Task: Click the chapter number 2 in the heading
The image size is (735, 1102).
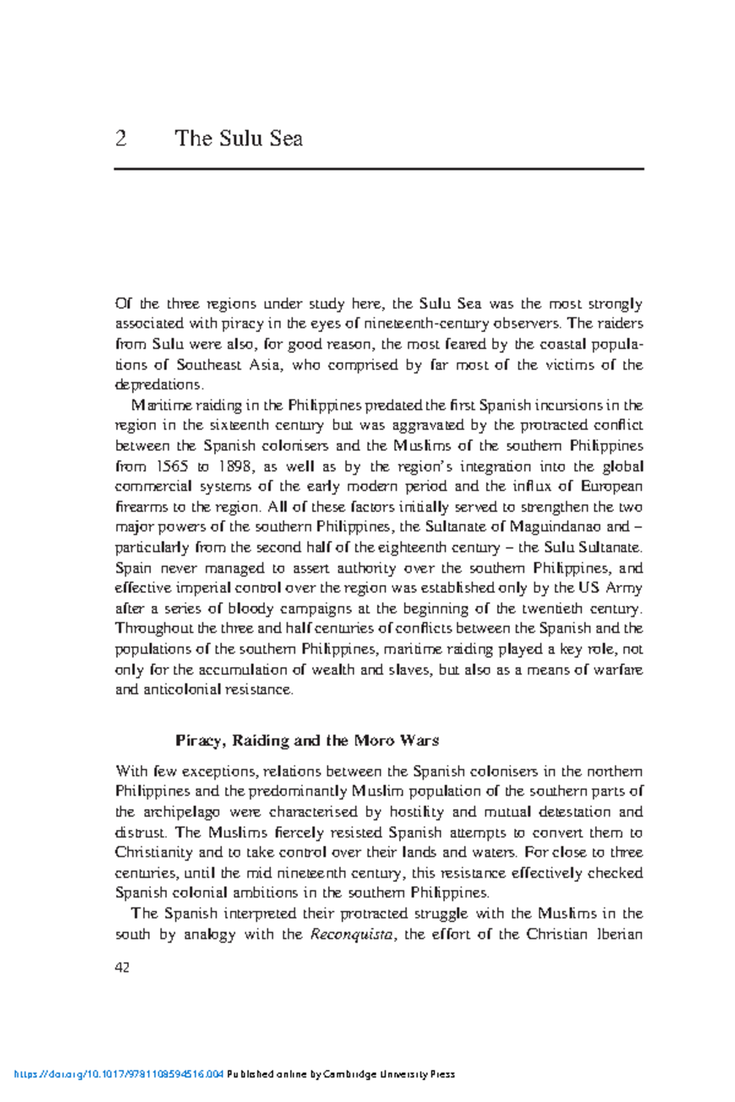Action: click(121, 138)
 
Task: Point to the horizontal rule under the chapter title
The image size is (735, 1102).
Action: click(379, 168)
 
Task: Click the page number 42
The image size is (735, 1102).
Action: click(122, 967)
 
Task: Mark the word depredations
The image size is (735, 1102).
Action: click(159, 385)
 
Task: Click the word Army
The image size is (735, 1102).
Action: click(624, 588)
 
